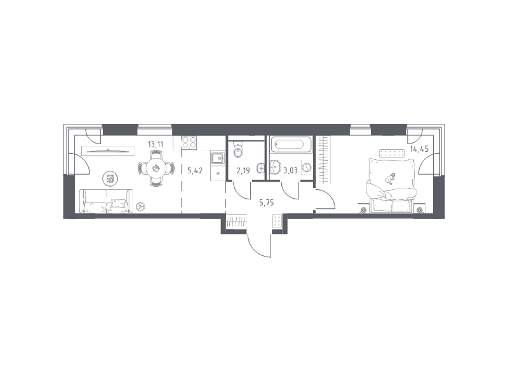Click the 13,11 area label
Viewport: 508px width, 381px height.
[155, 145]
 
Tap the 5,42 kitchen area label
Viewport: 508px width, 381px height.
[195, 170]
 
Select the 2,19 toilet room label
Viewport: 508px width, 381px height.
[243, 170]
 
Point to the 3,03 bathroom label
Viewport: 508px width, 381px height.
[290, 170]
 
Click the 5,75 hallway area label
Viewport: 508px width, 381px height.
[267, 203]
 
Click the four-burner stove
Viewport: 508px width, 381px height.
[189, 142]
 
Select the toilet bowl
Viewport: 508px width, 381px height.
[239, 150]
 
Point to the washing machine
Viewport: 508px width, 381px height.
[307, 168]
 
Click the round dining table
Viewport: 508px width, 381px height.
[156, 168]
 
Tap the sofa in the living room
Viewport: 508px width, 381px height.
[106, 201]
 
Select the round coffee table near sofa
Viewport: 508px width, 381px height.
[110, 178]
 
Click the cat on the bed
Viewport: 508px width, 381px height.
[391, 178]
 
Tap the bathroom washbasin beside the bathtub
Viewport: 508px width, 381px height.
[275, 166]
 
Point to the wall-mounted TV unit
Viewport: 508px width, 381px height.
[108, 151]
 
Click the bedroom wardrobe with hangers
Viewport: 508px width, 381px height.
[324, 160]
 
